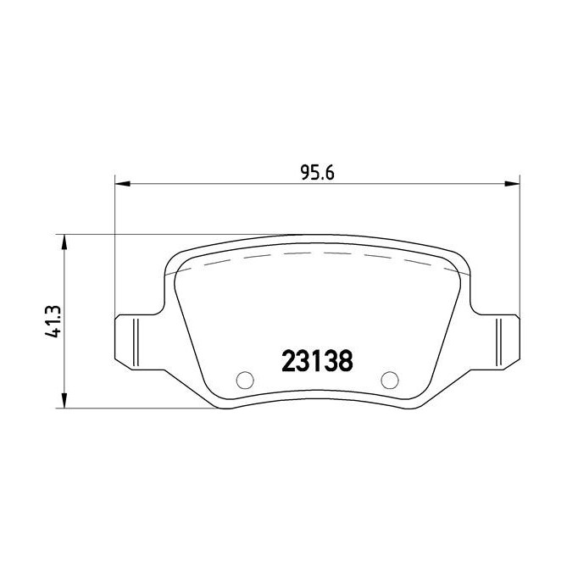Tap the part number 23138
point(316,359)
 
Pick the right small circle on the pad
point(389,380)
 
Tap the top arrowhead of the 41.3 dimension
point(63,241)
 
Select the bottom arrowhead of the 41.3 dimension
point(63,402)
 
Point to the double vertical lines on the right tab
point(503,341)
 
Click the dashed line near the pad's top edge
point(317,253)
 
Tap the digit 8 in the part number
point(344,359)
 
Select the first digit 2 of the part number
point(288,359)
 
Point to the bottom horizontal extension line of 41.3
point(136,409)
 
